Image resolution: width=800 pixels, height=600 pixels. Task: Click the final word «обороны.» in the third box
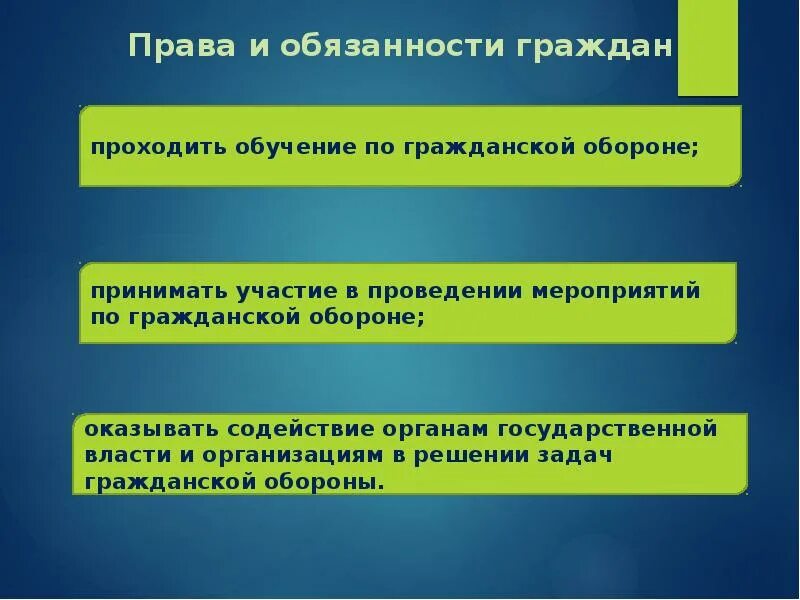(330, 481)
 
